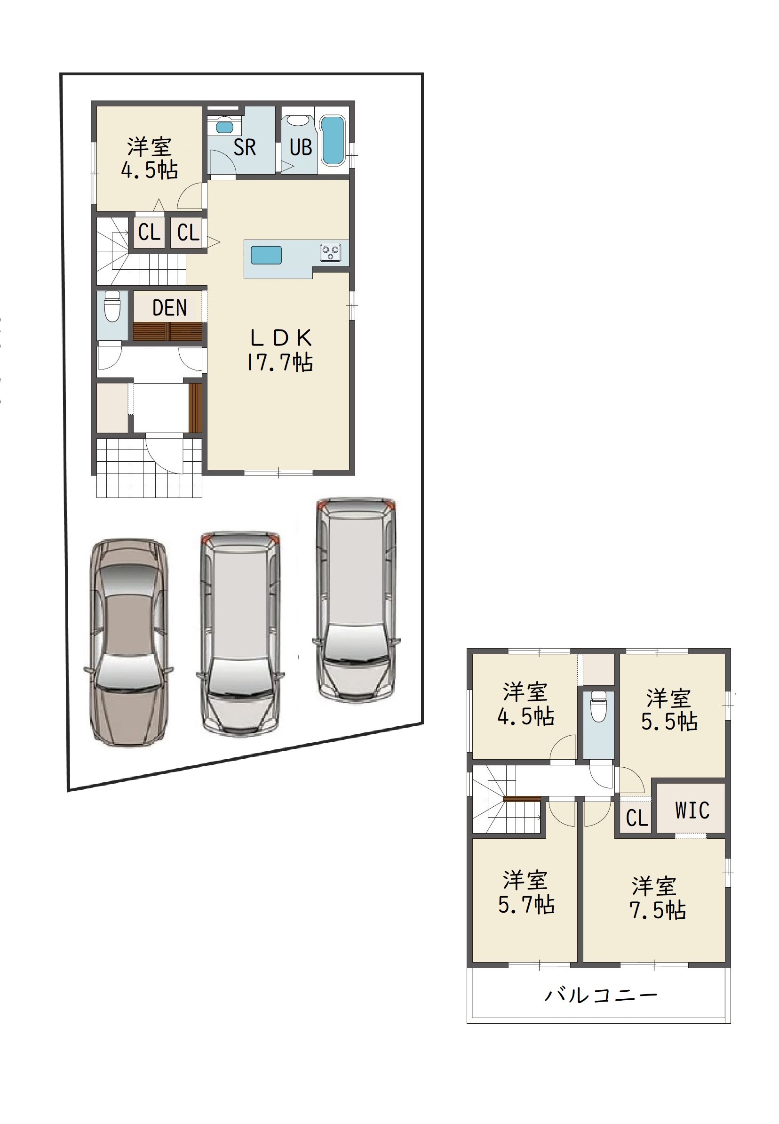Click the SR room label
[245, 147]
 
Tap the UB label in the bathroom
[301, 147]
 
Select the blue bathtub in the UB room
[334, 141]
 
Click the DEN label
[169, 308]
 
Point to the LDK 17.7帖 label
[280, 350]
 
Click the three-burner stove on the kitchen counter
[330, 252]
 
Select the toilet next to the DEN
[112, 307]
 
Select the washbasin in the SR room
[224, 126]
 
